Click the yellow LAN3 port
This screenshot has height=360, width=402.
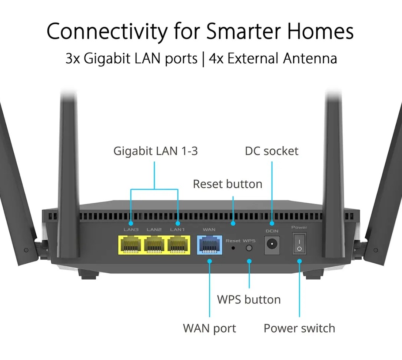[130, 245]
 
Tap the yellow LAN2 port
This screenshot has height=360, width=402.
[154, 245]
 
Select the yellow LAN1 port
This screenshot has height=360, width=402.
[178, 245]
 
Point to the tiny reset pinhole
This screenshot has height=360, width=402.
[233, 248]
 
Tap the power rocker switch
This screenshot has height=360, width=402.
[299, 243]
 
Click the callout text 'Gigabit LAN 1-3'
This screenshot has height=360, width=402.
[155, 151]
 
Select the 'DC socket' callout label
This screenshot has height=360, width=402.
[272, 151]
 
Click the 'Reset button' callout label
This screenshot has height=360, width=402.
[227, 184]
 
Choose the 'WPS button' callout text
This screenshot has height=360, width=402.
[249, 299]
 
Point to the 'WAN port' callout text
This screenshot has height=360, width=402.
[209, 328]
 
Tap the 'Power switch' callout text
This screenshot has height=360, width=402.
[299, 328]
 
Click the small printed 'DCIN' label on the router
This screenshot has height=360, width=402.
[272, 231]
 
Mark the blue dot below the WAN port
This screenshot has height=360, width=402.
[210, 261]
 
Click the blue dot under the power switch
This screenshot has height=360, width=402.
[299, 261]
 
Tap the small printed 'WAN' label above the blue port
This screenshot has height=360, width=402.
[209, 230]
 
